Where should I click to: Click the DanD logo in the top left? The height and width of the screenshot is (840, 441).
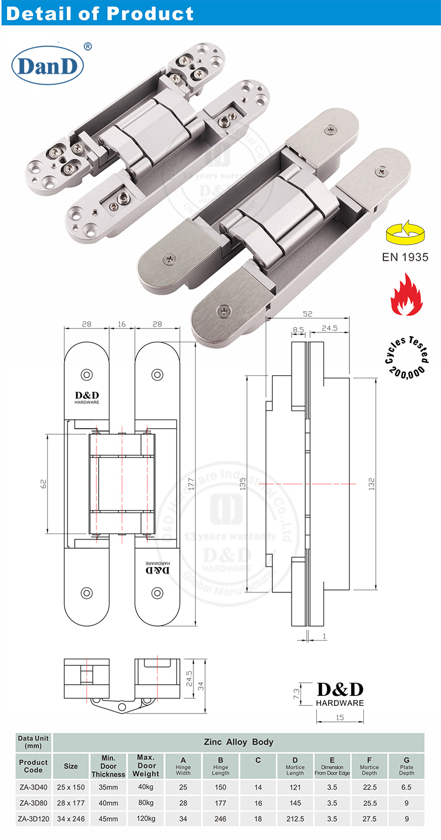(48, 66)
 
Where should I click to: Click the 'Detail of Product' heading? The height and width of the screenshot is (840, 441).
(99, 13)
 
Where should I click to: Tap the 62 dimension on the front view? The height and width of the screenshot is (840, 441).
(42, 484)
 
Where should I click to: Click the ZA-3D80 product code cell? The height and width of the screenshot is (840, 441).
(34, 802)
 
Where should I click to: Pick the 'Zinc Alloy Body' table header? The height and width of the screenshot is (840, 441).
(238, 742)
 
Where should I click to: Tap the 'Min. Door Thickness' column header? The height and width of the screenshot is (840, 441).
(108, 765)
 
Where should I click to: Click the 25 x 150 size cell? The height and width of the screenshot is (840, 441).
(71, 786)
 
